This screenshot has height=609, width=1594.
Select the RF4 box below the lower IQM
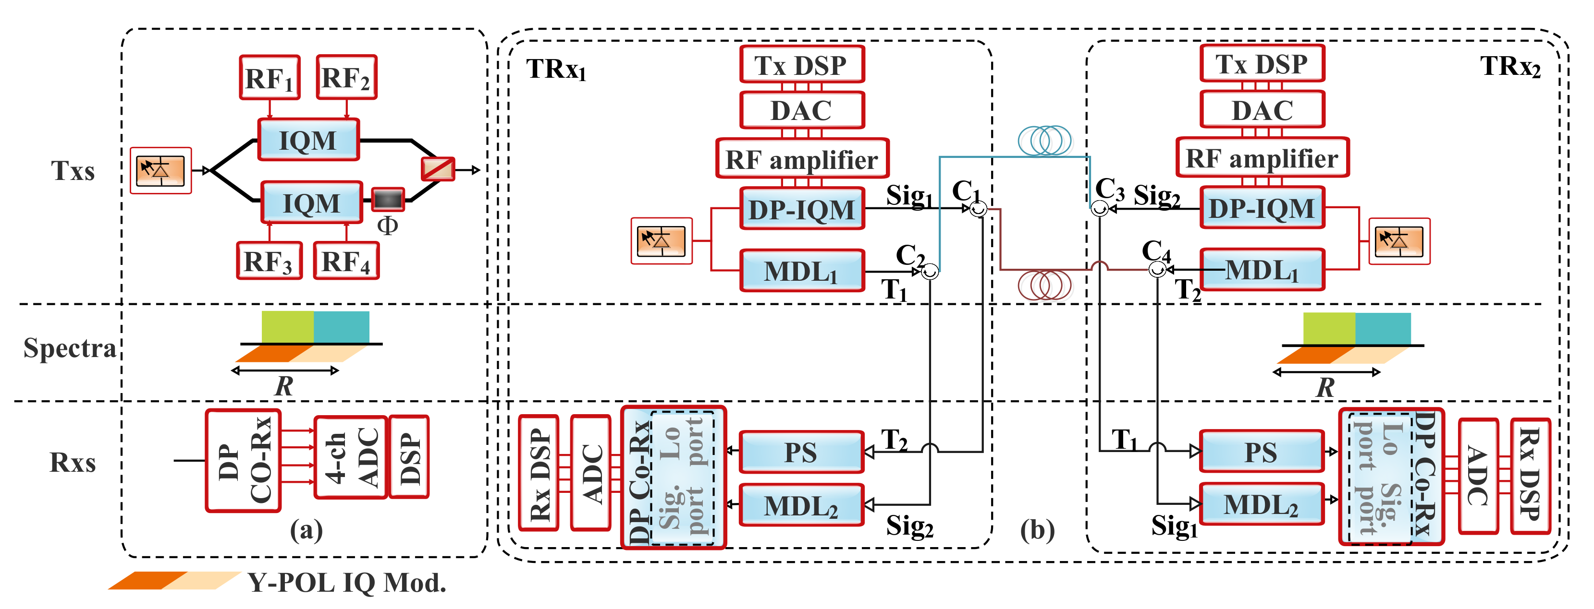pos(346,261)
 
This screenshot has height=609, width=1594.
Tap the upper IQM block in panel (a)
pos(308,140)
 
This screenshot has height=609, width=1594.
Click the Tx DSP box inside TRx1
pos(801,64)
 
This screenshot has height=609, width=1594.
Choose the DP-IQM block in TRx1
pos(802,209)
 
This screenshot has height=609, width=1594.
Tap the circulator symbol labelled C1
pos(978,209)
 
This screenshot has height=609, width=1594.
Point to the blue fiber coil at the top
pos(1044,140)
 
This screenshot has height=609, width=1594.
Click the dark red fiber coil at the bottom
pos(1044,285)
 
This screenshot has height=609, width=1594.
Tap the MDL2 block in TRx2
pos(1261,504)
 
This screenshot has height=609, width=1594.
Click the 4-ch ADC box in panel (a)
pos(351,457)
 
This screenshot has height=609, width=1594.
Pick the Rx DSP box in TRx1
pos(539,474)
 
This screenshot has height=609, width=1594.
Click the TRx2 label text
pos(1510,66)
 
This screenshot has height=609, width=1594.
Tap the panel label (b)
pos(1038,530)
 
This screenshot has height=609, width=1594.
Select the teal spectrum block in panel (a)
pos(342,326)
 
